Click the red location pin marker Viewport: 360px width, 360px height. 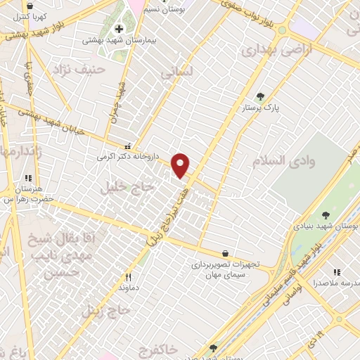click(181, 165)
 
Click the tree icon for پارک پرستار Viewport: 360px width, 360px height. click(260, 96)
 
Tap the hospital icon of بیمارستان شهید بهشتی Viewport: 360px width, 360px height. click(118, 29)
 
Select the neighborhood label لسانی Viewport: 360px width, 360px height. click(173, 72)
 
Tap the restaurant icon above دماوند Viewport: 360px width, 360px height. click(127, 277)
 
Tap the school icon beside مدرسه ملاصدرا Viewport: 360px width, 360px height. click(337, 271)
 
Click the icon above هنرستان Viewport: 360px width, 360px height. click(29, 179)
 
